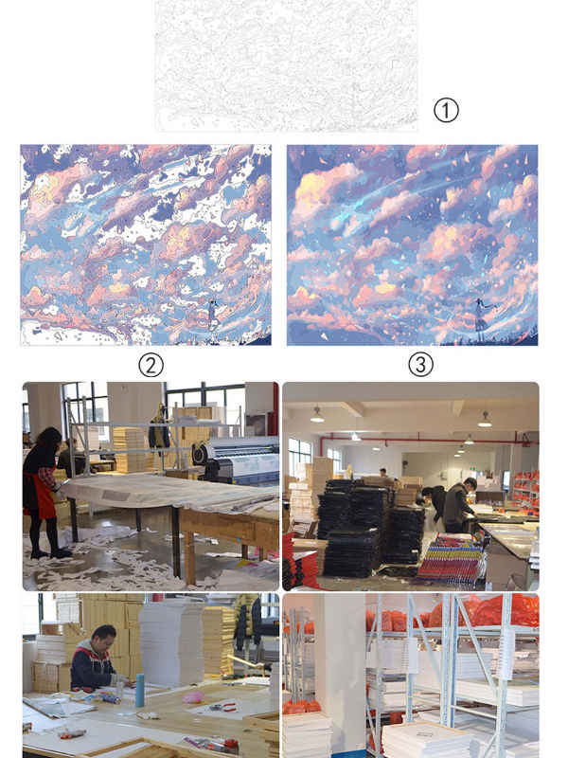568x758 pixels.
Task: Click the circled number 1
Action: (x=446, y=110)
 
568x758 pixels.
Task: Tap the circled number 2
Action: (x=151, y=366)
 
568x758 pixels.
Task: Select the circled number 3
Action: (x=420, y=365)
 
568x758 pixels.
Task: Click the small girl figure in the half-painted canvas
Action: (x=212, y=314)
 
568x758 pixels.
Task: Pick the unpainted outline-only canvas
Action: (x=286, y=65)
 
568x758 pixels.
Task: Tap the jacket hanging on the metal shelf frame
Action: (x=158, y=429)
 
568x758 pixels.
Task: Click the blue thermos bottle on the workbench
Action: (x=139, y=690)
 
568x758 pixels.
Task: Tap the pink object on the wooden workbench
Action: (x=194, y=696)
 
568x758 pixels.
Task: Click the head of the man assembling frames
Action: (x=102, y=637)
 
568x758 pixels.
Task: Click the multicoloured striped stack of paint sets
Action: (x=451, y=559)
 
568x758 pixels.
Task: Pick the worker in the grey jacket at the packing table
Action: (x=458, y=505)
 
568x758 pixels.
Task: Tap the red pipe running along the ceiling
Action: (x=425, y=439)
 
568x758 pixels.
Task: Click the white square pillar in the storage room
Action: (x=340, y=672)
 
